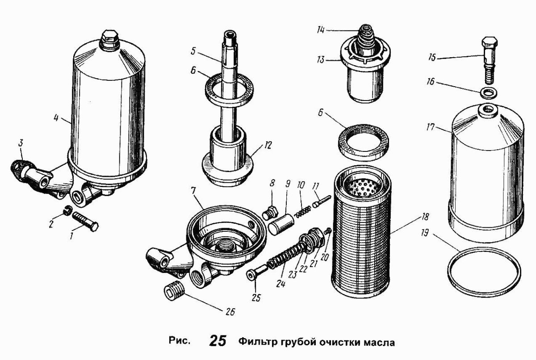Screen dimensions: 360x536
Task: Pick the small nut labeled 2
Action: pyautogui.click(x=67, y=210)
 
